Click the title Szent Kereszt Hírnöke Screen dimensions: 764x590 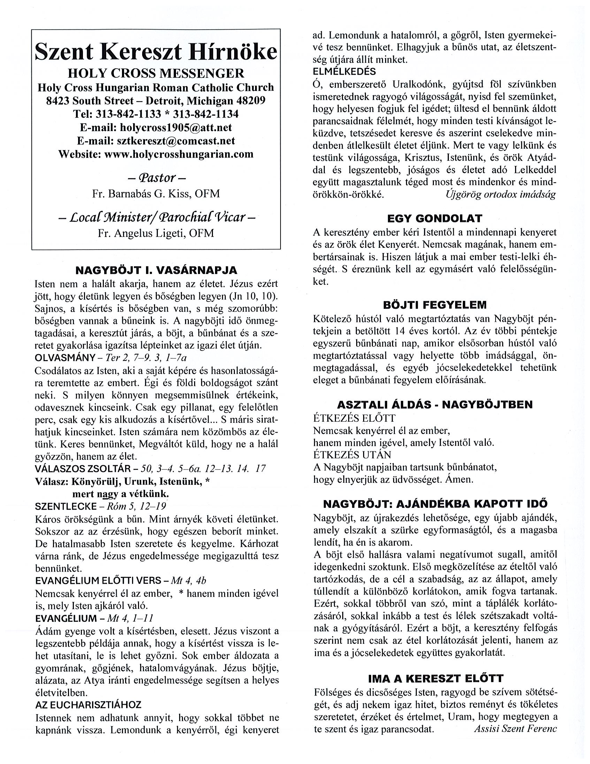156,52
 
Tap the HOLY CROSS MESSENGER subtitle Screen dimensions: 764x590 156,74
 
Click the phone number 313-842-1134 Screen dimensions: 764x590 206,114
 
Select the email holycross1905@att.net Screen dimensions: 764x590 176,127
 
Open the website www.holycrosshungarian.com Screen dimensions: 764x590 179,154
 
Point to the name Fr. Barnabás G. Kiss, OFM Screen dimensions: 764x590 156,194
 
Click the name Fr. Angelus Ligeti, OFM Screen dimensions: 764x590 156,233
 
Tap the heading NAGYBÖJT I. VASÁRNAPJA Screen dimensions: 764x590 156,270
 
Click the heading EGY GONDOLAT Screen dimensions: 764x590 435,219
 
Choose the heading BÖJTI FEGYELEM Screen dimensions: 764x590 435,305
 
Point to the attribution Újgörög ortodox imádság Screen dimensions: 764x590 501,194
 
